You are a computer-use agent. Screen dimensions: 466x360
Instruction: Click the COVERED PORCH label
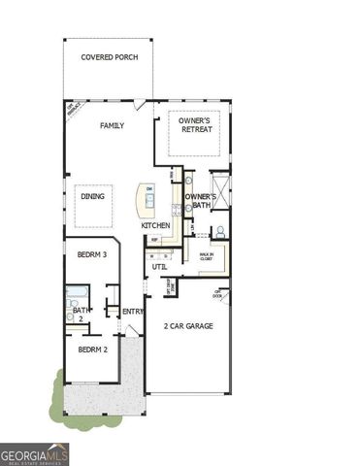coord(109,57)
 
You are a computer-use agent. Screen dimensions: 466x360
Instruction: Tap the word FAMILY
coord(113,125)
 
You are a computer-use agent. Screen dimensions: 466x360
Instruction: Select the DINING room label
coord(93,197)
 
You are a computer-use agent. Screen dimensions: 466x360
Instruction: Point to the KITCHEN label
coord(155,225)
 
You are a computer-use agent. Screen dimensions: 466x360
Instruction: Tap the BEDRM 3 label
coord(91,254)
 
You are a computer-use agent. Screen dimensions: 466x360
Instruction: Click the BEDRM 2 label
coord(91,348)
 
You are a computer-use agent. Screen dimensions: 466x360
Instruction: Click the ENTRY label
coord(133,311)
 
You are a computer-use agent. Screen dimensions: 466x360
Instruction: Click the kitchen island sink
coord(149,199)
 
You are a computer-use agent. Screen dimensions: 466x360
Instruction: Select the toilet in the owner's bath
coord(221,232)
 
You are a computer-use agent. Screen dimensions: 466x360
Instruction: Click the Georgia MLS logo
coord(35,453)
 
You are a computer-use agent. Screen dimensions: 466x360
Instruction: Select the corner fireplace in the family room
coord(73,109)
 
